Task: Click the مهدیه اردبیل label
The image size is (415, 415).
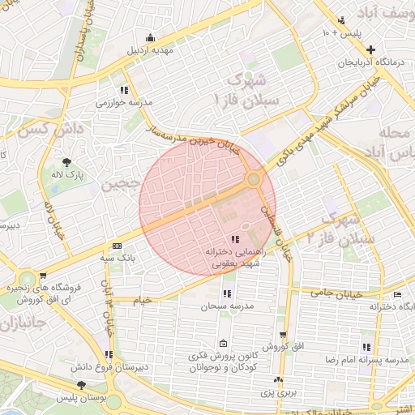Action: (151, 50)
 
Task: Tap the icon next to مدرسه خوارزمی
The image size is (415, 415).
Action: (124, 90)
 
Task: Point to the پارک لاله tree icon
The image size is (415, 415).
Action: (66, 162)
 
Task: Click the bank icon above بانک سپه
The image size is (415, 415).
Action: (118, 246)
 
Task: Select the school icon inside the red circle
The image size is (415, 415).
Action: (234, 240)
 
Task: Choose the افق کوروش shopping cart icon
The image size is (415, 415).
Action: (283, 335)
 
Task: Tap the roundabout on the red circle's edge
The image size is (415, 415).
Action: (254, 179)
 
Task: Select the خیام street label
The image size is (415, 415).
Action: (143, 300)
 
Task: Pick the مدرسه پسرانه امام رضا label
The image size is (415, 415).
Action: (372, 358)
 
